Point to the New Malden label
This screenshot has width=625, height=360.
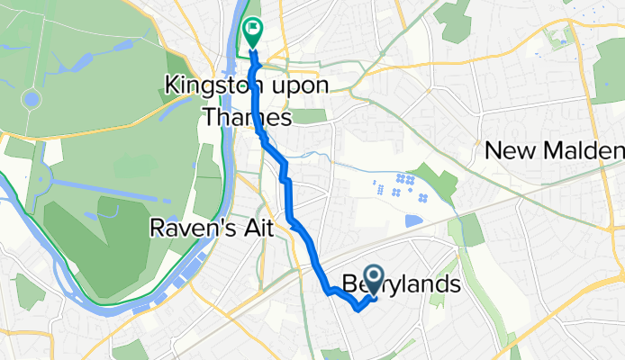tap(554, 150)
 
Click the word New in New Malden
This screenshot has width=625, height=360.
tap(505, 150)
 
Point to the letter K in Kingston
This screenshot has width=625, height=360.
tap(171, 86)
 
